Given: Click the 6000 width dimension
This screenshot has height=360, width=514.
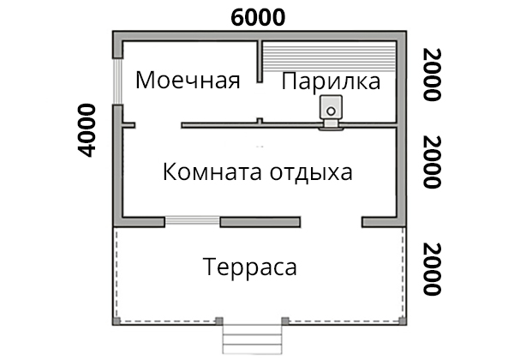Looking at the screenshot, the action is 258,17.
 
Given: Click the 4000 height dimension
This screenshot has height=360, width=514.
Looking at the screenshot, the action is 87,130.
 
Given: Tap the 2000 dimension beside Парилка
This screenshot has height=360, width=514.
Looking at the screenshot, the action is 432,75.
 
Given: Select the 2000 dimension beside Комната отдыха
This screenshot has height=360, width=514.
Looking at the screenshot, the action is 432,162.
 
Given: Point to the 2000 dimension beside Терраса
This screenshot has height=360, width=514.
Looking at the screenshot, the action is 432,269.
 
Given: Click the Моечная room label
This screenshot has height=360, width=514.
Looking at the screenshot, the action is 188,80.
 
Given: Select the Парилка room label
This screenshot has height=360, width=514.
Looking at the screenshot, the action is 331,81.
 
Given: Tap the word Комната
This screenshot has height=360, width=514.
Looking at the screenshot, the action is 212,171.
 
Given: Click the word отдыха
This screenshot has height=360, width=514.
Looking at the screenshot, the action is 311,172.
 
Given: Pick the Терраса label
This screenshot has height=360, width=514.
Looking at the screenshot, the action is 250,267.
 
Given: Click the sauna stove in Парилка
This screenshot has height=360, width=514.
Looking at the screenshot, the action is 331,111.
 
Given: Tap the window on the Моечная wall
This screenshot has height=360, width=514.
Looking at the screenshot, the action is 117,81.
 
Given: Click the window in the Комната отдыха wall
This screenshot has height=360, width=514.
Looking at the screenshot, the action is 192,221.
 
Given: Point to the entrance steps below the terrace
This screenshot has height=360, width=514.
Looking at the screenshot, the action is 252,339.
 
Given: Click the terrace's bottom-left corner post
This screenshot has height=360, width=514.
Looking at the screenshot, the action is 117,321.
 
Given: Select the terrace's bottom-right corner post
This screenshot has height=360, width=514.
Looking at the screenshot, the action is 403,321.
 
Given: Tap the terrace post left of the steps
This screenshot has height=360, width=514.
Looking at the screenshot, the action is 219,321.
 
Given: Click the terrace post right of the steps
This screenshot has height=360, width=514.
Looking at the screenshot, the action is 285,321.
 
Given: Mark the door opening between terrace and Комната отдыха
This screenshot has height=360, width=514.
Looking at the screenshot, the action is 331,222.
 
